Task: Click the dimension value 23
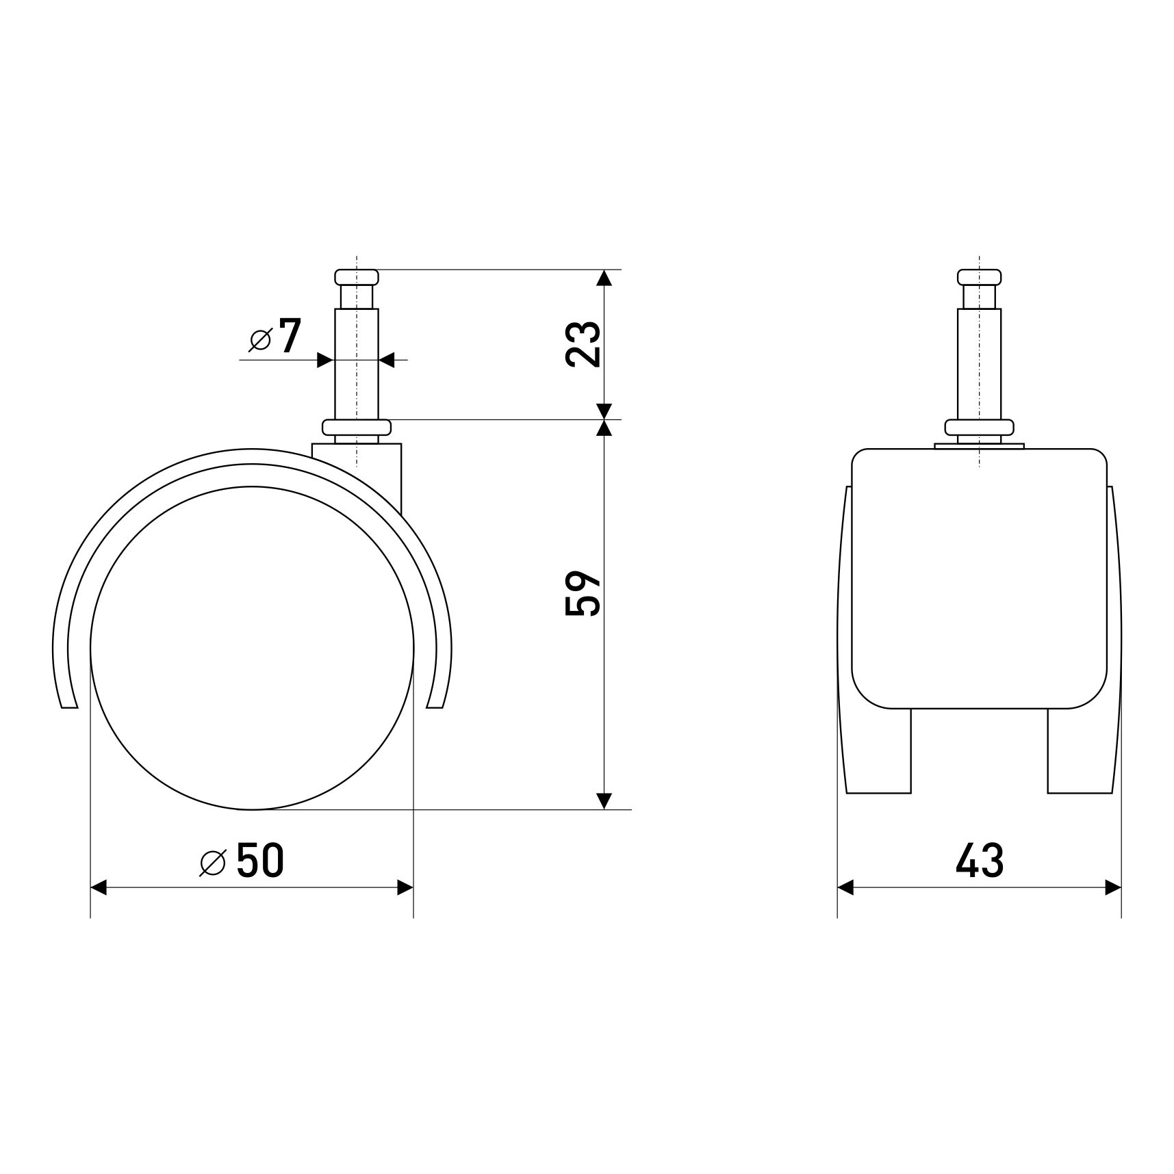583,344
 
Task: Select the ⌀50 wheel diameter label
242,861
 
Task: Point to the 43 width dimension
979,861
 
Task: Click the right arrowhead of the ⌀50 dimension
405,888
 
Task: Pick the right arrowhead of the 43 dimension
1113,888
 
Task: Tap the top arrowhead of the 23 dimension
604,278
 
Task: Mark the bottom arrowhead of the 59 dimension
604,800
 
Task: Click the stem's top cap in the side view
357,277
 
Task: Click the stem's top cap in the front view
979,277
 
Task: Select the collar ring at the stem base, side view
357,428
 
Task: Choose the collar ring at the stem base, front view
979,428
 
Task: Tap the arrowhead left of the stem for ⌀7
324,360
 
